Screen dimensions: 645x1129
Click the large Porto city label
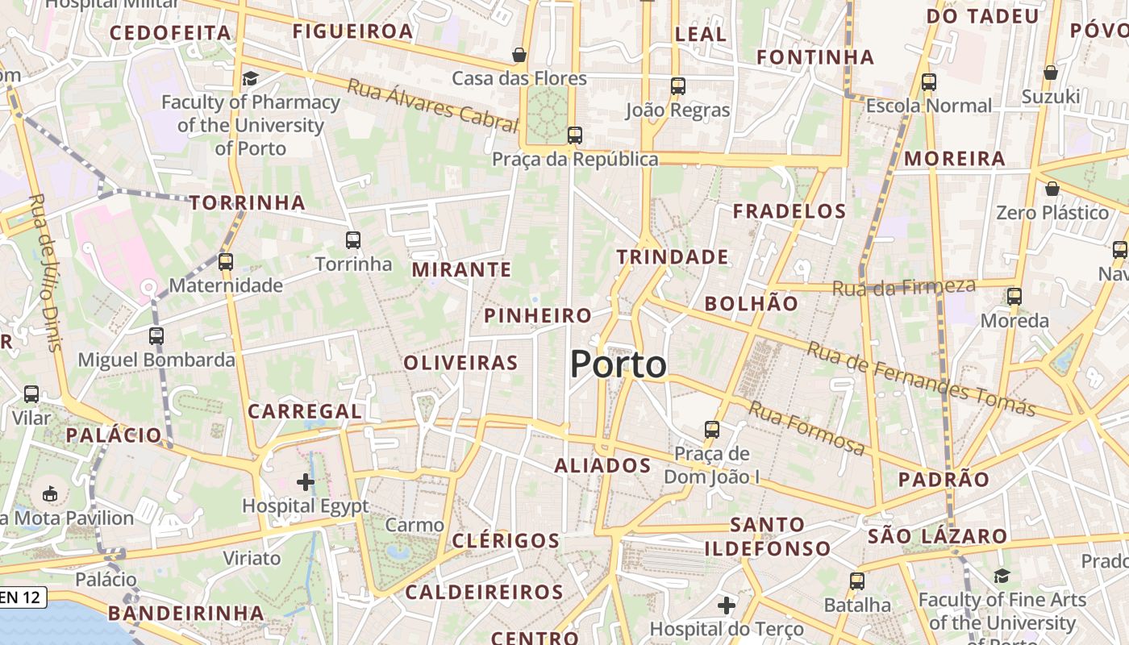(x=619, y=364)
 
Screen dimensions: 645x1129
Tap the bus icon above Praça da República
(x=574, y=135)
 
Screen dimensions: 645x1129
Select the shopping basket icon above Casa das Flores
(x=519, y=55)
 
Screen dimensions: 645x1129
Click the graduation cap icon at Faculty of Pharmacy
(x=250, y=78)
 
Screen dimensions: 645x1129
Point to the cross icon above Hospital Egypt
(x=305, y=482)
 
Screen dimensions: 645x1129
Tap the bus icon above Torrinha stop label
(x=352, y=239)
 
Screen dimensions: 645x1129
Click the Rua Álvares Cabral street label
(x=431, y=105)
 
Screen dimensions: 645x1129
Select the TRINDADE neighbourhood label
(x=673, y=257)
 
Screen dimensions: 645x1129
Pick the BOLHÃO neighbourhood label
(x=751, y=304)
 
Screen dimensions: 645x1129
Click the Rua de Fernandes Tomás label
(x=920, y=379)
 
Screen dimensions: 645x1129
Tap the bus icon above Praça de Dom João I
(x=711, y=429)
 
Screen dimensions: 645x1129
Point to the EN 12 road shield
(x=23, y=597)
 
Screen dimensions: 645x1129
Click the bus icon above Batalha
(x=856, y=580)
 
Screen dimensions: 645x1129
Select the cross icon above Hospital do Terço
(x=726, y=605)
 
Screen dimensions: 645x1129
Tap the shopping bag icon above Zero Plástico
(x=1052, y=189)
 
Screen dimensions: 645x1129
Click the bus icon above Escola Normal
(x=928, y=81)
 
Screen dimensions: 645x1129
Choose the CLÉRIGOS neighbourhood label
(x=506, y=540)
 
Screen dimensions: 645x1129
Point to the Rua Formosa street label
(x=806, y=427)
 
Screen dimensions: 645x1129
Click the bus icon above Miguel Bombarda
(x=156, y=335)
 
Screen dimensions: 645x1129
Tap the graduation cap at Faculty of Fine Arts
(x=1002, y=576)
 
